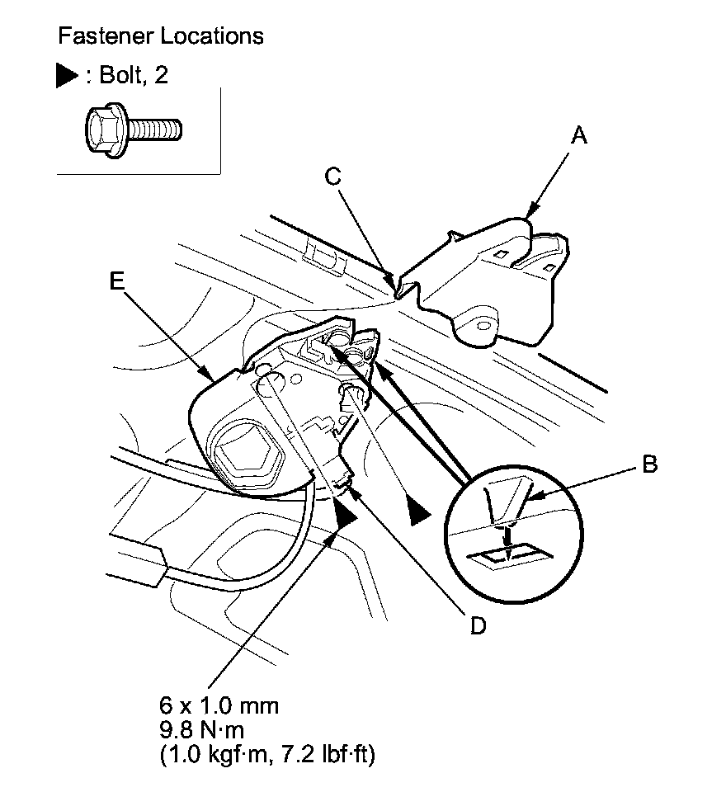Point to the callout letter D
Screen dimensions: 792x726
pos(477,626)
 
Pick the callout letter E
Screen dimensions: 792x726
pos(116,281)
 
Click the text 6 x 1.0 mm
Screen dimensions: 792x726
pos(219,706)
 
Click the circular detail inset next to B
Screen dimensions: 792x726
pos(512,527)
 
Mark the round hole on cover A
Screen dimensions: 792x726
pos(481,323)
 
